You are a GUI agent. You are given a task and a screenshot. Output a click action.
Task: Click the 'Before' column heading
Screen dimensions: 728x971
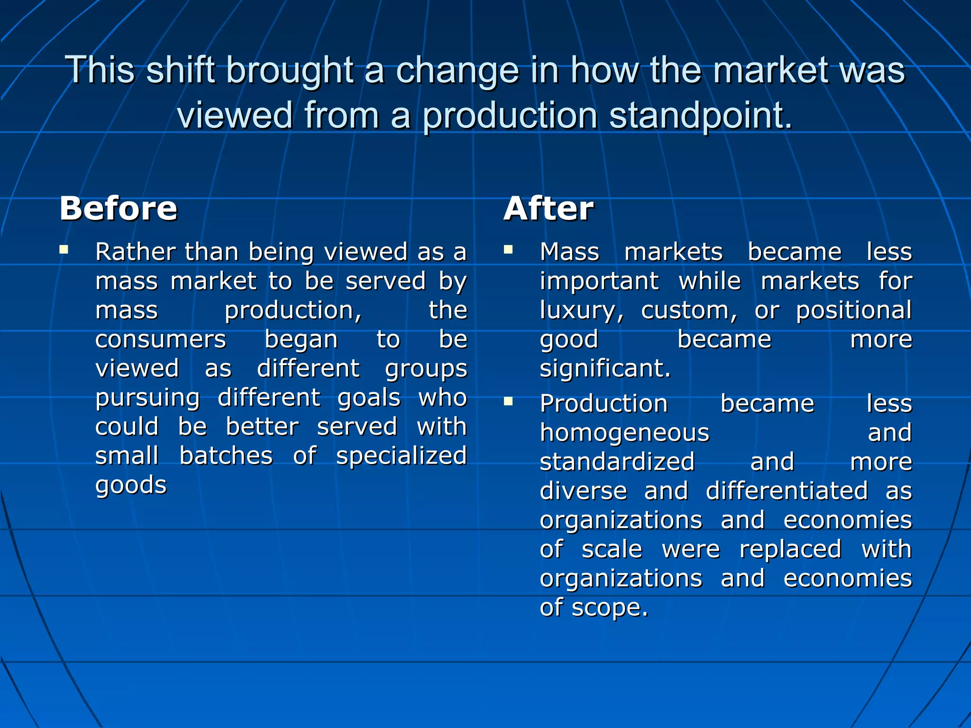point(119,209)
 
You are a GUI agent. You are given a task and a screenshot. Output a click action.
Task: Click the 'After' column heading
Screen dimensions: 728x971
point(549,209)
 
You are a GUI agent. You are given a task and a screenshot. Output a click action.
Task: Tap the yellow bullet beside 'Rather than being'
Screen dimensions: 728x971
point(64,249)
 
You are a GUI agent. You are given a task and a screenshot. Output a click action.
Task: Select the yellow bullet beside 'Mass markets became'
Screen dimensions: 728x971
point(508,249)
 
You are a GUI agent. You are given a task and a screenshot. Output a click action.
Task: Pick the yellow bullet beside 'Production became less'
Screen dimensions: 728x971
point(508,401)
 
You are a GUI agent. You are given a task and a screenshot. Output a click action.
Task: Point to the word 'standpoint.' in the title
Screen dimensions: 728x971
point(701,116)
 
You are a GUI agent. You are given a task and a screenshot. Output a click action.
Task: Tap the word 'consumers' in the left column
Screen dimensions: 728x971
point(161,339)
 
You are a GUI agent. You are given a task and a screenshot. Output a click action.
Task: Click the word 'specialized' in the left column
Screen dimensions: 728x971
point(402,456)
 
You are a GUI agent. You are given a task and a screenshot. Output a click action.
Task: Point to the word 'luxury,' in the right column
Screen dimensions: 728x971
point(582,311)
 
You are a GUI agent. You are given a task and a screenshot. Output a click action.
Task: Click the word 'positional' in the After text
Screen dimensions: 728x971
point(853,311)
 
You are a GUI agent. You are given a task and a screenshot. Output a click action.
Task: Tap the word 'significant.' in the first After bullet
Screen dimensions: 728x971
point(605,369)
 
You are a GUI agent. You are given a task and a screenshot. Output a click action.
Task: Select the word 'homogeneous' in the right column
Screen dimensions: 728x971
point(624,433)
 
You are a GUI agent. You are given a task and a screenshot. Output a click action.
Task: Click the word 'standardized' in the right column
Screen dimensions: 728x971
point(617,462)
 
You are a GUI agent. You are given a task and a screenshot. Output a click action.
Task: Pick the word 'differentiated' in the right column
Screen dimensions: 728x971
point(787,491)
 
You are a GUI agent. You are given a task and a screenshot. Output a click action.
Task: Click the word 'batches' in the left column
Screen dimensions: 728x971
point(226,456)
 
